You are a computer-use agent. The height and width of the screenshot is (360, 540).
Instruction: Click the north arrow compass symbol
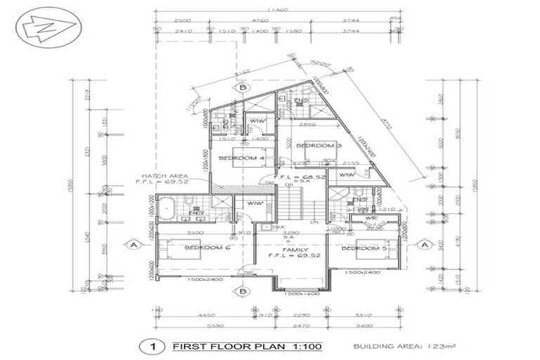click(x=48, y=30)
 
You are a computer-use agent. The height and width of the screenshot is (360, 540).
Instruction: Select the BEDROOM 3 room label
click(x=318, y=146)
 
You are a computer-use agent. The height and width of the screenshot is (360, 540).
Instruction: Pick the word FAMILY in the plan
click(x=290, y=250)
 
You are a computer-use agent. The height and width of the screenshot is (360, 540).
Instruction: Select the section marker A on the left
click(x=131, y=245)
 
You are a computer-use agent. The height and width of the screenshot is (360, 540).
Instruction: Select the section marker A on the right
click(x=424, y=244)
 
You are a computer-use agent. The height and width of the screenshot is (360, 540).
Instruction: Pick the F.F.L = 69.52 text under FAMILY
click(x=291, y=257)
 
